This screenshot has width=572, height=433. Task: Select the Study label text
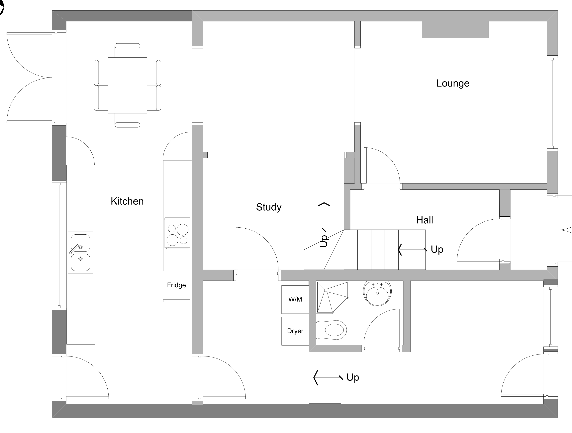[x=268, y=207]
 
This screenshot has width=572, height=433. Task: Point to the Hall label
[x=424, y=220]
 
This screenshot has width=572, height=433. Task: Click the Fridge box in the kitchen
[x=176, y=285]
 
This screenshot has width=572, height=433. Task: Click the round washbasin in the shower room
[x=377, y=293]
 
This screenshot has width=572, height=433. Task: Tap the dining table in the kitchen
[x=127, y=85]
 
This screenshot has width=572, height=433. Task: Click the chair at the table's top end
[x=127, y=50]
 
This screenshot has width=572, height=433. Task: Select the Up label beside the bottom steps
[x=352, y=377]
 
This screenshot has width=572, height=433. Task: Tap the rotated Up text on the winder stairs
[x=324, y=241]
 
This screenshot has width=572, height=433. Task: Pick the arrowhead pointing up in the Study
[x=324, y=204]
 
